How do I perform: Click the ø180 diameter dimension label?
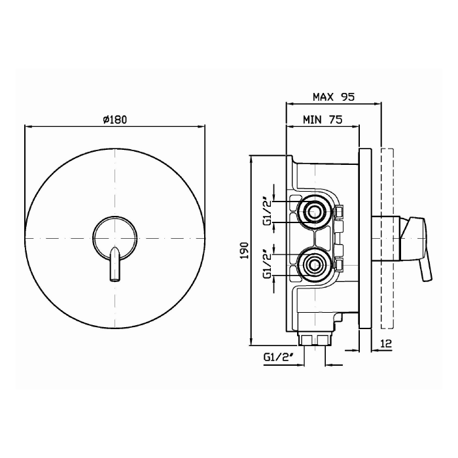point(115,119)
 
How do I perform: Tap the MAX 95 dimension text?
point(334,97)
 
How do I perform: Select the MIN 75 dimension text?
point(323,120)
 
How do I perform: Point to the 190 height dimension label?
point(244,251)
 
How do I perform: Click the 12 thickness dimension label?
point(386,343)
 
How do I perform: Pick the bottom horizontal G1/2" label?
point(278,357)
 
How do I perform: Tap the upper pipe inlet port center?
point(314,211)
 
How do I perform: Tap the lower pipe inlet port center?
point(314,265)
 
